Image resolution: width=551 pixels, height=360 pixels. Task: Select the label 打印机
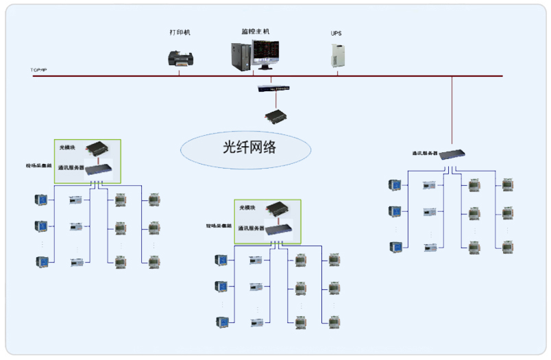coord(180,32)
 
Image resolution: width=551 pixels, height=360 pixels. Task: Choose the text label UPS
coord(336,33)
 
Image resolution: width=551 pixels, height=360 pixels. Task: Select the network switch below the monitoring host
coord(273,88)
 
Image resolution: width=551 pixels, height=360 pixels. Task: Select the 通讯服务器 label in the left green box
coord(71,167)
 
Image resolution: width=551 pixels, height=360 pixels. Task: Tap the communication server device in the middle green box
coord(278,230)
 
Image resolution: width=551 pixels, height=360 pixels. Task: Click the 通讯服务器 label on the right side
coord(425,154)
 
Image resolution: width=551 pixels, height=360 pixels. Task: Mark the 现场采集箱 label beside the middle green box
coord(218,226)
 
